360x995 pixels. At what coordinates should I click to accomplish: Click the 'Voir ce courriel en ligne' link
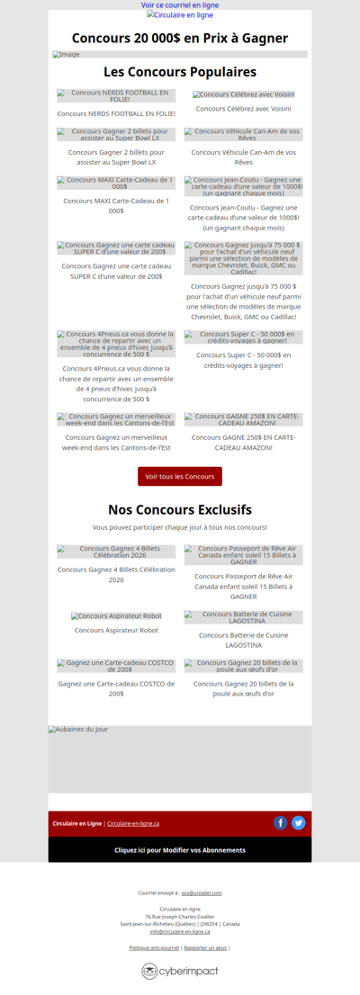180,5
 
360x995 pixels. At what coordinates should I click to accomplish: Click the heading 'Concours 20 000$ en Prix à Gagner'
180,38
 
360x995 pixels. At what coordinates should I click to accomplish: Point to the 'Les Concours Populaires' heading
180,72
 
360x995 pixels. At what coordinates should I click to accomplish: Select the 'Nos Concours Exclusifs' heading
180,510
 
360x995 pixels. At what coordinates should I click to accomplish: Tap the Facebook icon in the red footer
281,823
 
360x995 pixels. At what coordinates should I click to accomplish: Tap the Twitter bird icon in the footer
299,823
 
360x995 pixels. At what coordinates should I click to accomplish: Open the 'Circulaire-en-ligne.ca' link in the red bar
133,824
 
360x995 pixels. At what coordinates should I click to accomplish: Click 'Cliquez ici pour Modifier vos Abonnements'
180,850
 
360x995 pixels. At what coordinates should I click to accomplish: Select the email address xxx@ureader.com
202,893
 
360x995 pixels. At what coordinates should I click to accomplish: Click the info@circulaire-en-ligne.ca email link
180,931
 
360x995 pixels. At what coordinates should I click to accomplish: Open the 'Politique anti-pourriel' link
154,948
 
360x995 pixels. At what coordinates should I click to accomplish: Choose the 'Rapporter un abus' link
205,948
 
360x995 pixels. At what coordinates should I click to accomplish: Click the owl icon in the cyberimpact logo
149,972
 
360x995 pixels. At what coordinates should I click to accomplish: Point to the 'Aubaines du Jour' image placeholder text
78,730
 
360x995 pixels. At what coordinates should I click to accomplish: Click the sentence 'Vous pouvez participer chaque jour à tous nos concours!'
180,527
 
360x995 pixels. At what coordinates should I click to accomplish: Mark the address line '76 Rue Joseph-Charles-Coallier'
180,916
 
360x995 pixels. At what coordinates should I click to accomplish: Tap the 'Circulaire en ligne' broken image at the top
180,15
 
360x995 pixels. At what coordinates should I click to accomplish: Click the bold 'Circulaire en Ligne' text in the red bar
76,824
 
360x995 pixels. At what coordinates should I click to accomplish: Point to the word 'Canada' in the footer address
231,924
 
